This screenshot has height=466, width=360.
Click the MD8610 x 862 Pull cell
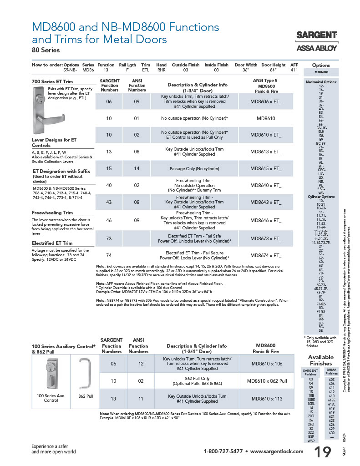coord(267,380)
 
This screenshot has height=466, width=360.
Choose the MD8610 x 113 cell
coord(267,399)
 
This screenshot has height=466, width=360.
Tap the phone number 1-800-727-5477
coord(223,451)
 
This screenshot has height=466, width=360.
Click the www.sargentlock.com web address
coord(276,451)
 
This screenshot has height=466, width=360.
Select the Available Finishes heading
coord(321,360)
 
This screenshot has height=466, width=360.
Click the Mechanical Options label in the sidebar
coord(321,82)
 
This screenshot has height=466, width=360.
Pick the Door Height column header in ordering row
coord(274,65)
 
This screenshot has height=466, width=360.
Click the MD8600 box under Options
coord(321,72)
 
